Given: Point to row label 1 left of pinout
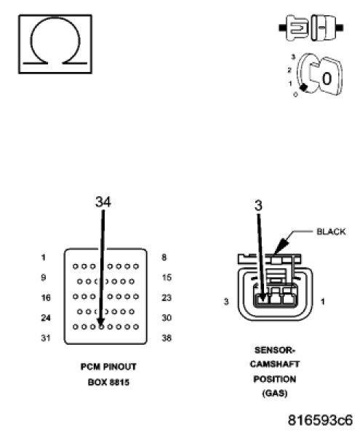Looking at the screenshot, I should click(x=44, y=257).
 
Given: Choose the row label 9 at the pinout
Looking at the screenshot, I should click(x=44, y=277).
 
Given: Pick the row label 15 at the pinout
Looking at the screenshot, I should click(x=167, y=277).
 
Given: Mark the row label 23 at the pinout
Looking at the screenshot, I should click(x=167, y=297).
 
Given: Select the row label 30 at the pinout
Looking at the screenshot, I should click(x=167, y=318).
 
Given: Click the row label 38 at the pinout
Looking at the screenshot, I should click(x=167, y=337).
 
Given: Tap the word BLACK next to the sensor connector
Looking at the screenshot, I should click(x=331, y=231).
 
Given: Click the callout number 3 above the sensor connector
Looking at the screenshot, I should click(x=257, y=205).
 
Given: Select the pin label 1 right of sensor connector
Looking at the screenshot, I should click(x=323, y=300).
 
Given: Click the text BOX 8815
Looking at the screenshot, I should click(x=108, y=380).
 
